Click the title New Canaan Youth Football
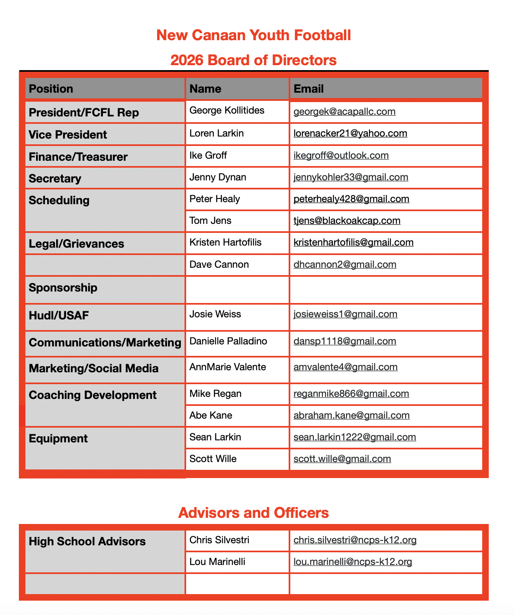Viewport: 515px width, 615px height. click(x=253, y=35)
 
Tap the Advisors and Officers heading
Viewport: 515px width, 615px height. click(x=253, y=513)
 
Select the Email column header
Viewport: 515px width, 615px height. click(x=309, y=89)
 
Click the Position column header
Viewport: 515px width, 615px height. click(x=51, y=89)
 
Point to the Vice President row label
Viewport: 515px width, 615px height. click(x=68, y=134)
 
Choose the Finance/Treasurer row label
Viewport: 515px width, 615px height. click(x=78, y=157)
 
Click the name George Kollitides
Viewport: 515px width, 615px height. click(x=227, y=110)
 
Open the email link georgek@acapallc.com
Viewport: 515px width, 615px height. click(x=344, y=112)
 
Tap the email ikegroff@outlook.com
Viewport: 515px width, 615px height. click(x=341, y=155)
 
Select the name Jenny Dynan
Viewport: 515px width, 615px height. click(x=218, y=177)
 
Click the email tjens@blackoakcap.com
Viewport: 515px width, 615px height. click(x=347, y=221)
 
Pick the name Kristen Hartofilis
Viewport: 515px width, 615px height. click(x=226, y=242)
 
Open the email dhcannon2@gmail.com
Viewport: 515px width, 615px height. click(x=345, y=264)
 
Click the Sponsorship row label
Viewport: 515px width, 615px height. click(x=63, y=287)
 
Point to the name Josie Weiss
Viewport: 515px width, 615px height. click(x=215, y=314)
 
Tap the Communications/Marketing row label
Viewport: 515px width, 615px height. click(x=105, y=342)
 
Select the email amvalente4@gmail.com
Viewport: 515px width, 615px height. click(x=346, y=367)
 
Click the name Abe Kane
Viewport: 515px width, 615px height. click(x=211, y=415)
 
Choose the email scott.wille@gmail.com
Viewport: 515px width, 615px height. click(x=342, y=459)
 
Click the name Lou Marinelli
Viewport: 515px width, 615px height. click(x=217, y=562)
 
